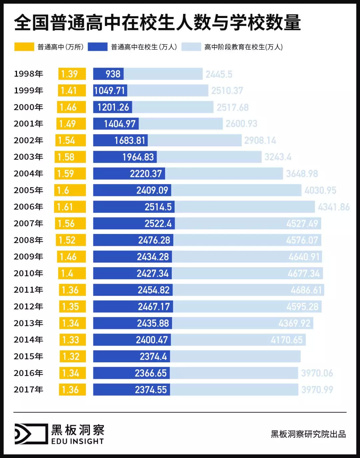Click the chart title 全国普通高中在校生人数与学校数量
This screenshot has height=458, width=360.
coord(157,23)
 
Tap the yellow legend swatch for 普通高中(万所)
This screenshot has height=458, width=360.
coord(24,47)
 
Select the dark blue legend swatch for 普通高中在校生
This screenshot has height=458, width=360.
coord(97,47)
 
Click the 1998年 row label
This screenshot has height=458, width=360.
coord(28,74)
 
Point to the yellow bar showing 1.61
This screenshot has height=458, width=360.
coord(70,207)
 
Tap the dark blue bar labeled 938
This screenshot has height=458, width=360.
coord(108,74)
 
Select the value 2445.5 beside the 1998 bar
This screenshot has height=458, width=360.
coord(219,74)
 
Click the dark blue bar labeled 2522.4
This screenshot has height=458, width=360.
coord(134,223)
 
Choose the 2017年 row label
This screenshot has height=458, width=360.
coord(28,389)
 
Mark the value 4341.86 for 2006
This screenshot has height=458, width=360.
coord(334,207)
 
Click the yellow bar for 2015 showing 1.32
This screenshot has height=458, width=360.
coord(73,356)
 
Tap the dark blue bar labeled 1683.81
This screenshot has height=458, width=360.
coord(120,140)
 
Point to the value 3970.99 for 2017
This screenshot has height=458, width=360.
coord(317,390)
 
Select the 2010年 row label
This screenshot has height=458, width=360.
coord(28,273)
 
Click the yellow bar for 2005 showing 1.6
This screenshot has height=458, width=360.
coord(70,190)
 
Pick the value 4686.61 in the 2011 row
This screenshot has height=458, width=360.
coord(306,290)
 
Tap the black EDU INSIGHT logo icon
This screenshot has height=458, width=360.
coord(31,434)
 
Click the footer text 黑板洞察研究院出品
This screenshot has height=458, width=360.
coord(308,434)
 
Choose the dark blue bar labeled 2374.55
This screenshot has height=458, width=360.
coord(131,389)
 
